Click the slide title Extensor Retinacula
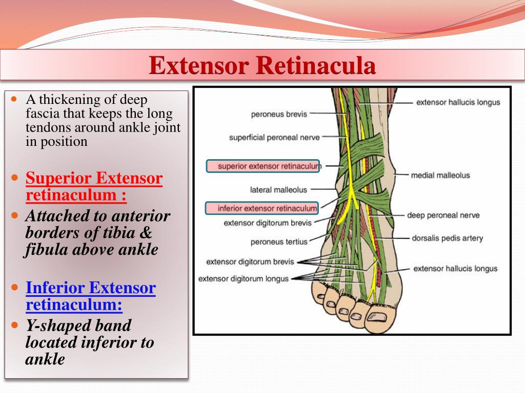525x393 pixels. tap(262, 66)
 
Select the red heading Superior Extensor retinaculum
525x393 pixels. tap(94, 186)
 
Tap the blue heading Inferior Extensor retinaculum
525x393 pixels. tap(90, 296)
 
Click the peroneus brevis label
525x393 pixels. tap(279, 114)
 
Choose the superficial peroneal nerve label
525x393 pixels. tap(274, 137)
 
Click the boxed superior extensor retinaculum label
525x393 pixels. tap(263, 166)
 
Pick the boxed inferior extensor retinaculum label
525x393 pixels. tap(261, 208)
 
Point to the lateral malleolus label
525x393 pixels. tap(278, 190)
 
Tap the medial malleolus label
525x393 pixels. tap(440, 176)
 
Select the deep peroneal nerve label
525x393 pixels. tap(443, 215)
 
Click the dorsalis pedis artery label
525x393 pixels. tap(447, 238)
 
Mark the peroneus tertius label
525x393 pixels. tap(279, 242)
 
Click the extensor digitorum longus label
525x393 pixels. tap(244, 279)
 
